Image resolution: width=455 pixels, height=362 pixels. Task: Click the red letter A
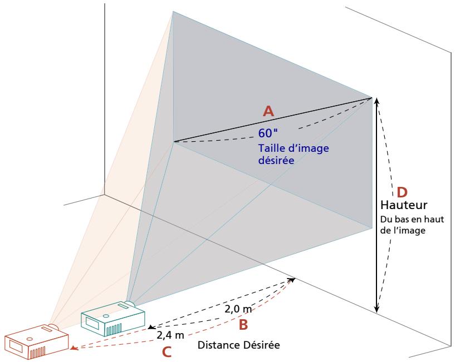coord(268,111)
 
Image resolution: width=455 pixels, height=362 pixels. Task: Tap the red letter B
coord(243,325)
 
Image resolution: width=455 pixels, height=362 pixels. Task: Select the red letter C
coord(167,352)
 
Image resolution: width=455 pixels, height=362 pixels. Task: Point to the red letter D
coord(402,192)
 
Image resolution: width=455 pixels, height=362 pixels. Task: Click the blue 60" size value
coord(268,133)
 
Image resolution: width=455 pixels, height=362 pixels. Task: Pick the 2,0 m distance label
coord(238,309)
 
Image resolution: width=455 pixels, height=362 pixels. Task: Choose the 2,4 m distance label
coord(170,335)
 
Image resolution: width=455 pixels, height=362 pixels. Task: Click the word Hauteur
coord(404,205)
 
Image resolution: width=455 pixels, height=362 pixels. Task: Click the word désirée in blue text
coord(276,160)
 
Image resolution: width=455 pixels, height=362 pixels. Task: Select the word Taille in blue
coord(271,148)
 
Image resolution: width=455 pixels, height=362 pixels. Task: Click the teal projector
coord(113,318)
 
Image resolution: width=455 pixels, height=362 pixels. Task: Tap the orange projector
coord(37,341)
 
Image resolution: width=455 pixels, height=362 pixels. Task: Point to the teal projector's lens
coord(130,304)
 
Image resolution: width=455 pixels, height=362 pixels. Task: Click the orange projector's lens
coord(53,326)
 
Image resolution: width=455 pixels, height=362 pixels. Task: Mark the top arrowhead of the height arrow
coord(376,101)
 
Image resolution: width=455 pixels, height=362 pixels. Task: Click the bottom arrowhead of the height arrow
coord(376,309)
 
